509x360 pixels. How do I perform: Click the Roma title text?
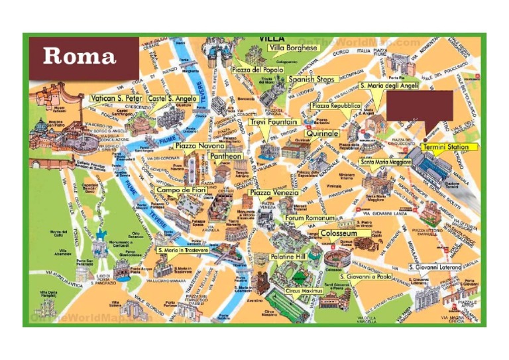(x=80, y=56)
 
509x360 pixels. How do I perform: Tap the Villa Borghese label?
(x=294, y=48)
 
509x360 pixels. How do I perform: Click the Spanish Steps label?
(x=311, y=80)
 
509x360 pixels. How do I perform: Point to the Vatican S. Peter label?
(x=116, y=99)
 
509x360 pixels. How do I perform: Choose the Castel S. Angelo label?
(x=168, y=99)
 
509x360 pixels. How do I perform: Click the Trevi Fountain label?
(x=273, y=123)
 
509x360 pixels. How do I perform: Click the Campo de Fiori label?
(x=181, y=190)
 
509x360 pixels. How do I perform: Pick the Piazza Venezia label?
(x=274, y=193)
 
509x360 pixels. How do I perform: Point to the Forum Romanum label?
(x=310, y=218)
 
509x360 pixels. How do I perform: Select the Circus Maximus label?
(x=304, y=290)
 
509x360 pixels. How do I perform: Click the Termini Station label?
(x=445, y=147)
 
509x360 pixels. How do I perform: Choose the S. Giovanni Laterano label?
(x=434, y=267)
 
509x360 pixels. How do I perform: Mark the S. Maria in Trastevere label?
(x=183, y=251)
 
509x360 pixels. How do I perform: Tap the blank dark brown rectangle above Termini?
(x=420, y=105)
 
